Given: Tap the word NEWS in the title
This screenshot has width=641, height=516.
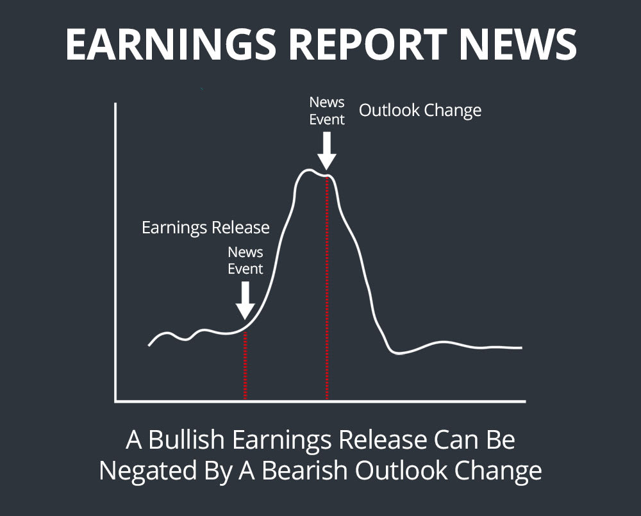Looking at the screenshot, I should tap(518, 45).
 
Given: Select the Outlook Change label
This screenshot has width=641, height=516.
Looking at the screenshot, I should tap(420, 110).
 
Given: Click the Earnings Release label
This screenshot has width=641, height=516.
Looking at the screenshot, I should tap(205, 228).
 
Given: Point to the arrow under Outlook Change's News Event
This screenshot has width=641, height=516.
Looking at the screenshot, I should tap(327, 150).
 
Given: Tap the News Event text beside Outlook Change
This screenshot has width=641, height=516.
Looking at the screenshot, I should tap(327, 110).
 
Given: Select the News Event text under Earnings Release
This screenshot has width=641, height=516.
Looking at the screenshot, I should tap(246, 260).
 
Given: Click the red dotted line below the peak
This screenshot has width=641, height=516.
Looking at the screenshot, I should tap(327, 288).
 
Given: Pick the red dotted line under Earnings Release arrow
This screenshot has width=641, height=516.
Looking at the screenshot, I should tap(245, 365).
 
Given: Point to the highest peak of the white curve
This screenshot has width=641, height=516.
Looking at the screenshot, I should tap(308, 170).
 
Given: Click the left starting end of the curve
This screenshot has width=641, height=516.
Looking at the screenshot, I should tap(149, 345).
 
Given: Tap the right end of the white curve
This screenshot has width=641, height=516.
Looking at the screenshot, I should tap(521, 347).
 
